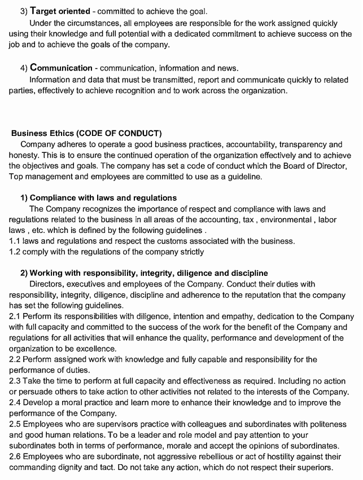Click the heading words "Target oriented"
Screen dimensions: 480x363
click(59, 11)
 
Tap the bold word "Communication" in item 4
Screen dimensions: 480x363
click(61, 68)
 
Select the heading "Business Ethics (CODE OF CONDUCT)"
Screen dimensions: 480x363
click(86, 133)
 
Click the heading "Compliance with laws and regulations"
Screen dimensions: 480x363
click(103, 198)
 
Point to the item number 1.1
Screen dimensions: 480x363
click(15, 241)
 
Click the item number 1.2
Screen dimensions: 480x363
click(15, 252)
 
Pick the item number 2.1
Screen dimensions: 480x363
click(15, 316)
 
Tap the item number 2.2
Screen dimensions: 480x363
click(15, 359)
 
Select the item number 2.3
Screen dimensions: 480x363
click(15, 381)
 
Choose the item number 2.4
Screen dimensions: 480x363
click(15, 402)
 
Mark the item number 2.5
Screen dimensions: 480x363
click(15, 424)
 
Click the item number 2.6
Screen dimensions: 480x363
click(15, 456)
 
